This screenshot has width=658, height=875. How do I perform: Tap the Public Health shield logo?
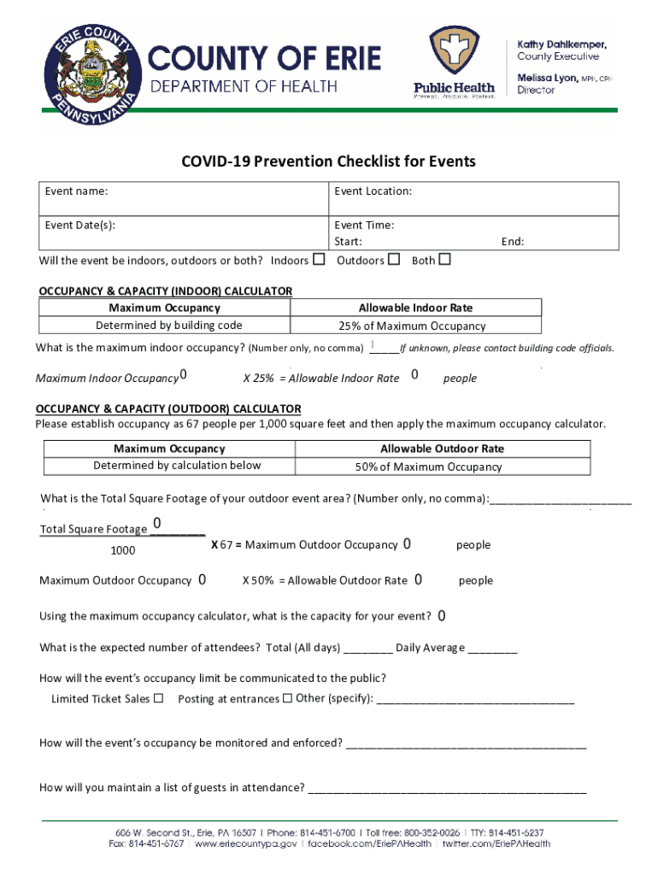[x=454, y=53]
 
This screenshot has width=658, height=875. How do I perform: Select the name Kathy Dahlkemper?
[x=561, y=44]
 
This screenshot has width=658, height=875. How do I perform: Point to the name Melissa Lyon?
[x=548, y=78]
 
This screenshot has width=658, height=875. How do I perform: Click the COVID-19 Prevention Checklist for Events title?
[x=328, y=161]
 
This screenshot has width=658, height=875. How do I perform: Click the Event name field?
[x=185, y=198]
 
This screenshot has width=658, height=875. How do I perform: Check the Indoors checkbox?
[x=319, y=260]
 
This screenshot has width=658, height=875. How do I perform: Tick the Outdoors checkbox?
[x=394, y=260]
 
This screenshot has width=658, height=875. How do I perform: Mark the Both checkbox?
[x=444, y=260]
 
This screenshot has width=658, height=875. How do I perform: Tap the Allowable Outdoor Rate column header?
[x=441, y=449]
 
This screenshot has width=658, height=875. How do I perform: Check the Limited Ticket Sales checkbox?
[x=158, y=699]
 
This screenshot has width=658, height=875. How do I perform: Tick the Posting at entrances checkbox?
[x=287, y=699]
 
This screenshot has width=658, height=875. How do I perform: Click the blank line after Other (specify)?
[x=475, y=701]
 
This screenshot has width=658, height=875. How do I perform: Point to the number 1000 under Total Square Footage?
[x=123, y=550]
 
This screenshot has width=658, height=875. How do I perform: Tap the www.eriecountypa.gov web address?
[x=246, y=843]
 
